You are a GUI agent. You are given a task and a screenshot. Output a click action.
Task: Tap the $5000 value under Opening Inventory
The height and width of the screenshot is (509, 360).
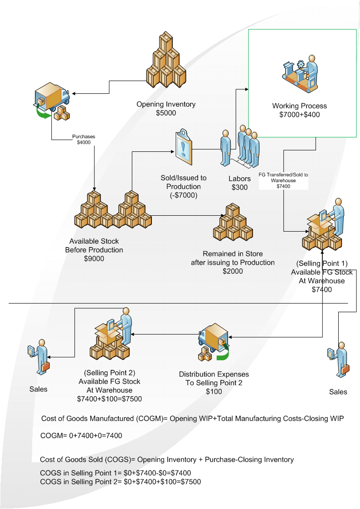click(166, 113)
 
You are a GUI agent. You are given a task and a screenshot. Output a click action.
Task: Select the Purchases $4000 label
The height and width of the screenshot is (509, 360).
click(84, 139)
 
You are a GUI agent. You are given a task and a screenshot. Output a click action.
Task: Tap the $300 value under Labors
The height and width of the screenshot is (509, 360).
click(239, 187)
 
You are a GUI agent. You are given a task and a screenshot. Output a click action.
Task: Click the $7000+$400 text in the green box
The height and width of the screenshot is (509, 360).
click(299, 115)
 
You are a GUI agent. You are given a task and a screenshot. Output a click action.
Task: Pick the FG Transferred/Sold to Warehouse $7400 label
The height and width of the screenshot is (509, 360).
click(283, 180)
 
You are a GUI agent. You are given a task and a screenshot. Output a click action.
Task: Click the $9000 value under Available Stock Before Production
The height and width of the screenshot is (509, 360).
click(94, 259)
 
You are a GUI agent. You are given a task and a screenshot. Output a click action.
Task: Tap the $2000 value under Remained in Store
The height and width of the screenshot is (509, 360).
click(233, 271)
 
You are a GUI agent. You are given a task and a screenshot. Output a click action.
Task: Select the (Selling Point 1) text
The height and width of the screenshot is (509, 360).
click(322, 264)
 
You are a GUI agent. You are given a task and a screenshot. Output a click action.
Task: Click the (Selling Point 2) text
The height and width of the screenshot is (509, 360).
click(109, 373)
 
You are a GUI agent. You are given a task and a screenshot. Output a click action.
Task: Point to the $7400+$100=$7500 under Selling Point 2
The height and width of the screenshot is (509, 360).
click(109, 398)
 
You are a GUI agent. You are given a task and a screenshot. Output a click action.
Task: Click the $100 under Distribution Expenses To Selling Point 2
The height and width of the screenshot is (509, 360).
click(214, 392)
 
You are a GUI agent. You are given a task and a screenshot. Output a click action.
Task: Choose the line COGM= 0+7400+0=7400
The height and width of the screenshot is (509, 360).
click(82, 436)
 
